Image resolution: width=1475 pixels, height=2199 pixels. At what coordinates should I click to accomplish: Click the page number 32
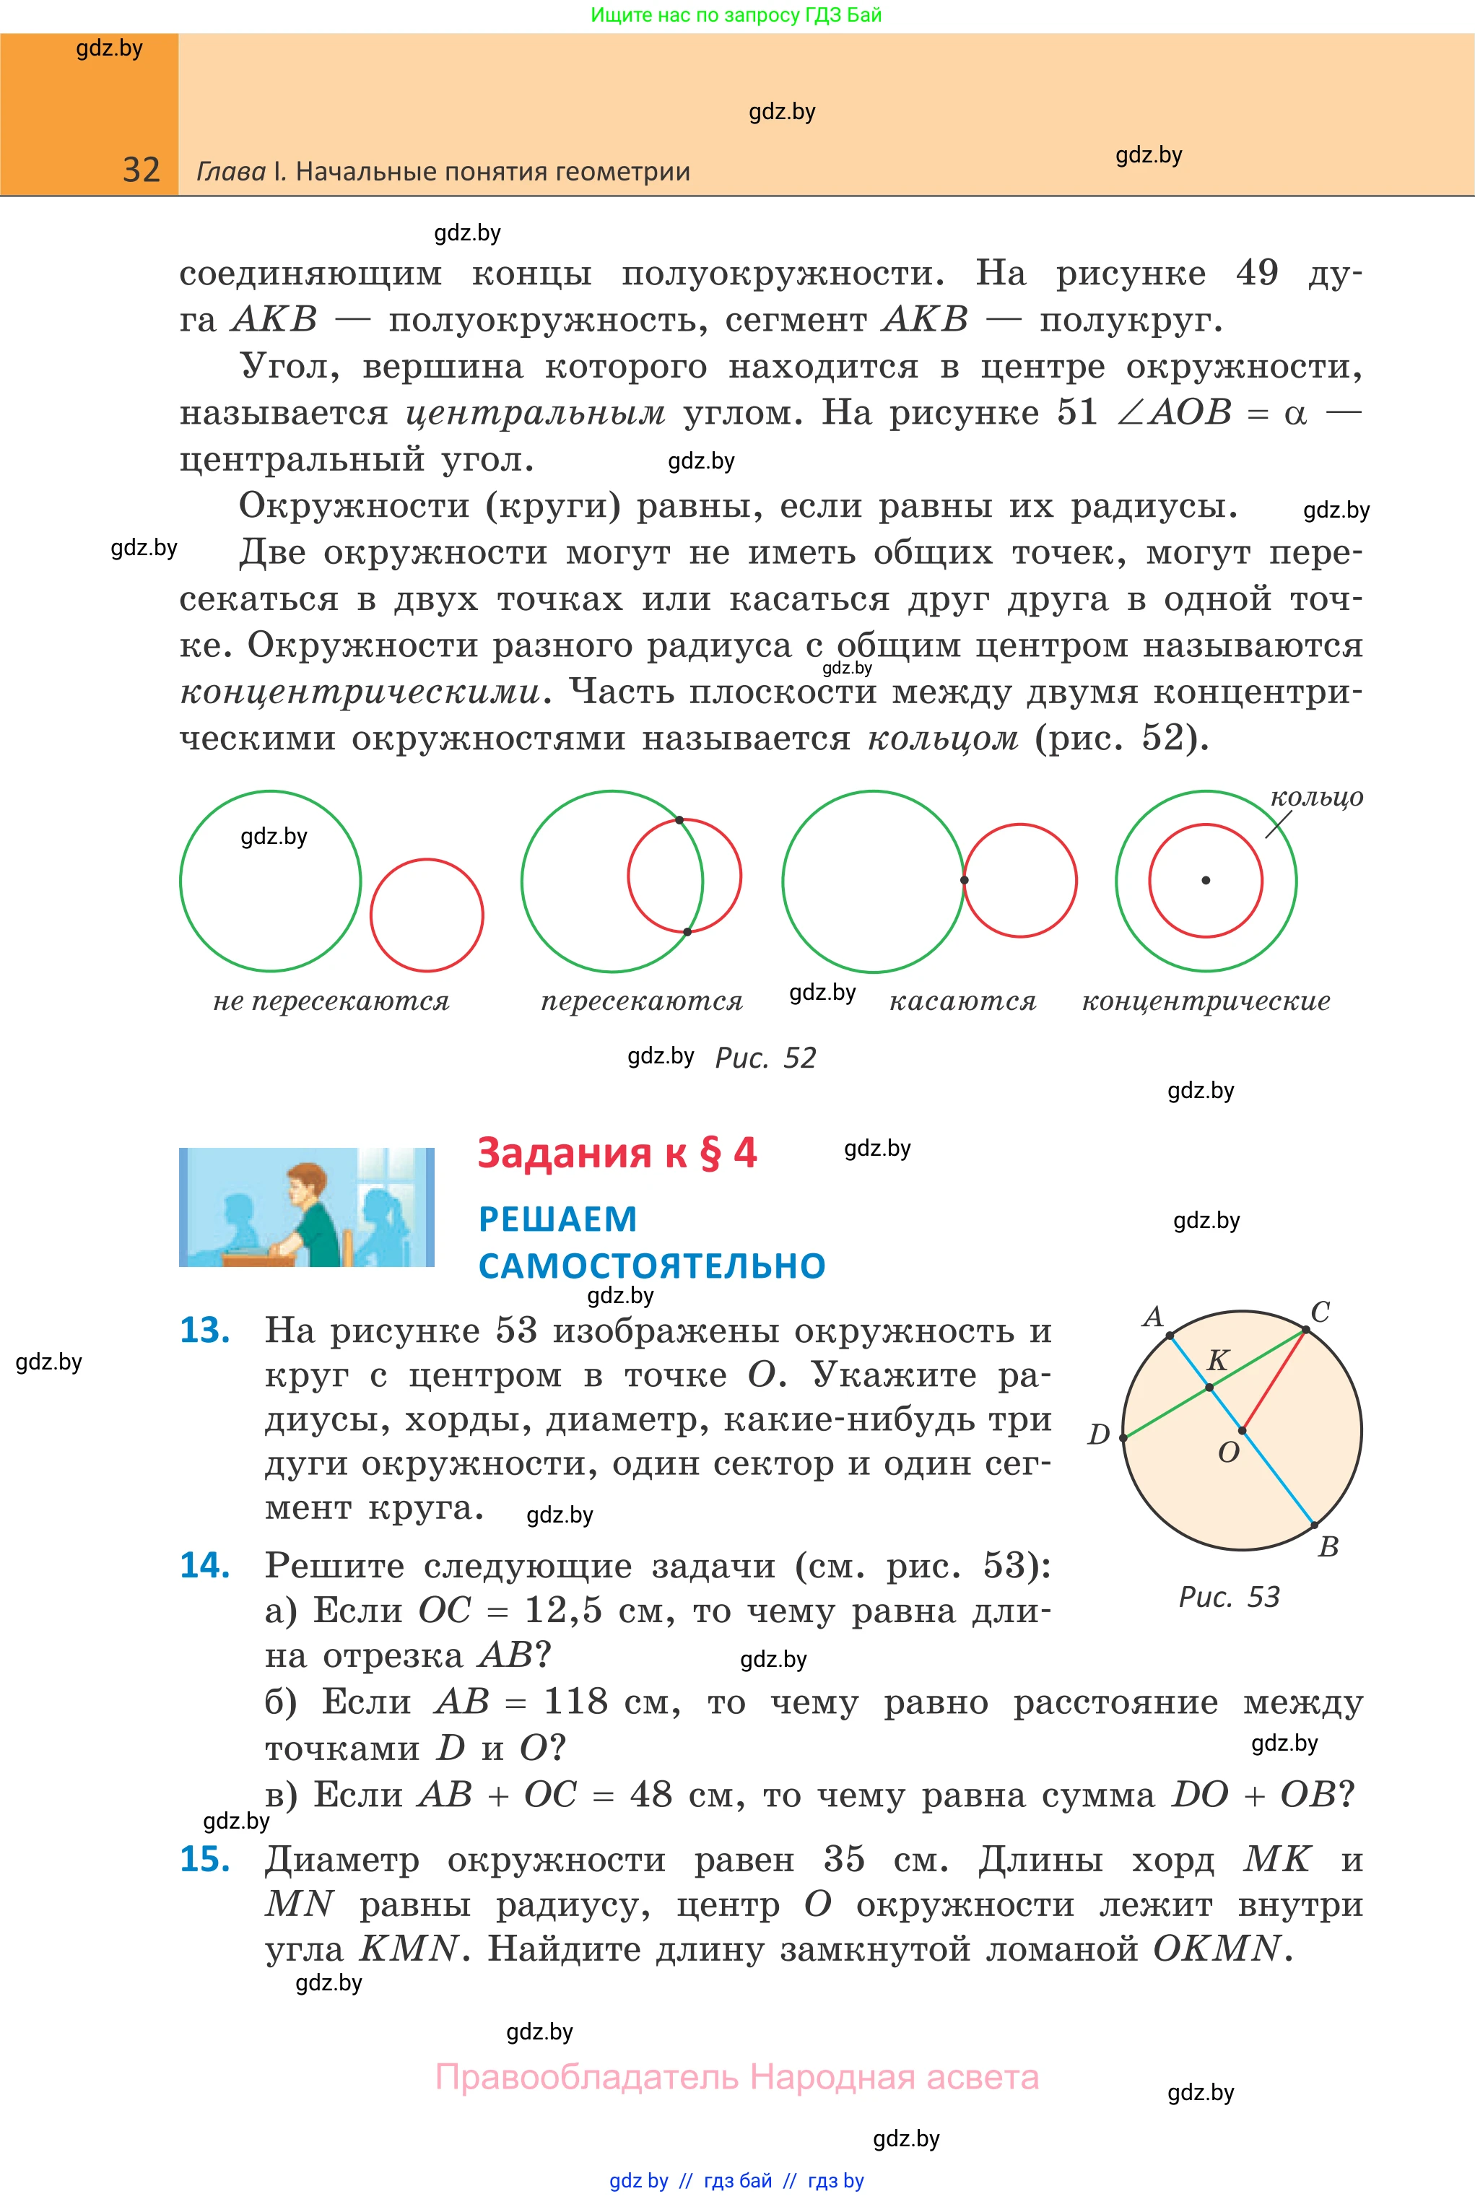click(141, 170)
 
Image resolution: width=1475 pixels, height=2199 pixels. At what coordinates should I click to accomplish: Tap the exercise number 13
click(204, 1330)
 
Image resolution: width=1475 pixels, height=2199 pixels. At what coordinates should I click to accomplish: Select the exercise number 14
click(204, 1565)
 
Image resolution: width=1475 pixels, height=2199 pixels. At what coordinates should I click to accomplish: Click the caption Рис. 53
click(1229, 1597)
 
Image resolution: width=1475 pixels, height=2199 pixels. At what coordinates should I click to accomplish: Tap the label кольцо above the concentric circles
click(1316, 798)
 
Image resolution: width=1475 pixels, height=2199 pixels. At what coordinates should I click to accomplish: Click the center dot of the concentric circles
click(1206, 880)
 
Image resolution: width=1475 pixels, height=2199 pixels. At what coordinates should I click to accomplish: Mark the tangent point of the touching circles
click(965, 880)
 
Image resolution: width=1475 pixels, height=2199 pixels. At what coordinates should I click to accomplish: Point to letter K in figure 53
click(1217, 1360)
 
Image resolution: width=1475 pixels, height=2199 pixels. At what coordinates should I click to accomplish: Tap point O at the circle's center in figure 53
click(1243, 1431)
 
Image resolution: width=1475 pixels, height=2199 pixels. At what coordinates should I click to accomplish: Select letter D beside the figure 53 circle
click(1099, 1434)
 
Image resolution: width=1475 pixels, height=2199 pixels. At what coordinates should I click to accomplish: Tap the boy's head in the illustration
click(305, 1184)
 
